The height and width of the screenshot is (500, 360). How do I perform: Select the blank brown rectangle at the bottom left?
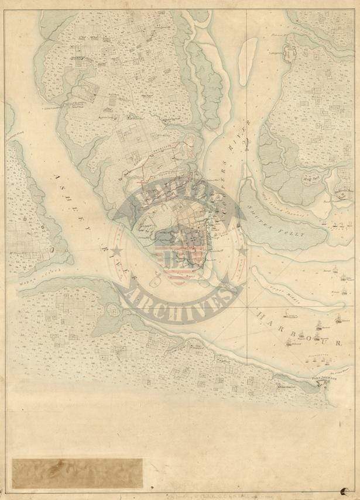pos(77,473)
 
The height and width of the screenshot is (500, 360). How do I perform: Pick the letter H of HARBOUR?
pos(261,314)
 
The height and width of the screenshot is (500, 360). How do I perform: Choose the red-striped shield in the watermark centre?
pos(176,260)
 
